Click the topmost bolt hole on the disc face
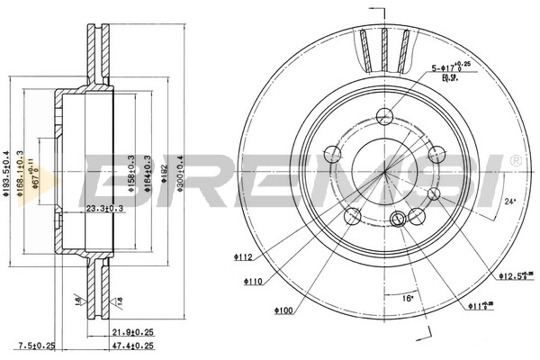(x=384, y=114)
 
